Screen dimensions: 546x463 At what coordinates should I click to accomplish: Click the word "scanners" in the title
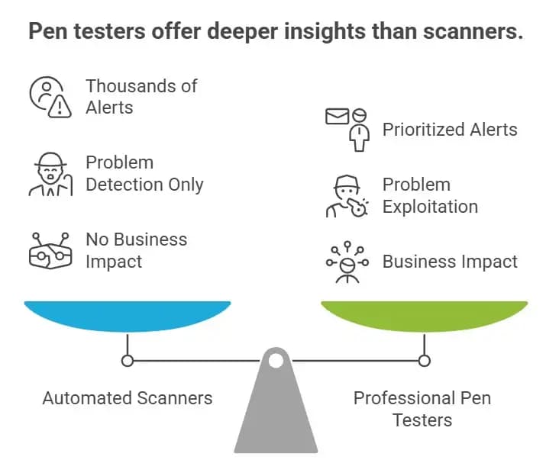coord(473,31)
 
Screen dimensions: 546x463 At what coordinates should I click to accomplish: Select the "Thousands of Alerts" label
coord(141,96)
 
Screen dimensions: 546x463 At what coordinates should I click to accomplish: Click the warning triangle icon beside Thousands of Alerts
coord(60,106)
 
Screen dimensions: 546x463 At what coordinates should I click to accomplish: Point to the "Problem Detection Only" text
coord(144,174)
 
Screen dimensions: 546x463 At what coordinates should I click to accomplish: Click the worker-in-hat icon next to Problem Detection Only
coord(51,174)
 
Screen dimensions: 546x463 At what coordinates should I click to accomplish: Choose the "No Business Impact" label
coord(137,250)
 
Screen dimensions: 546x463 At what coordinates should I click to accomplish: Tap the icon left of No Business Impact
coord(50,250)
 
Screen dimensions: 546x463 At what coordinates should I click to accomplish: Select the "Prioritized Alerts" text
coord(450,130)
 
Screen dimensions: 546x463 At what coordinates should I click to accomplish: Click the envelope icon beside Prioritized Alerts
coord(337,116)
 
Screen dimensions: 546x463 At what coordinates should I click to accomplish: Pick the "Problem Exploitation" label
coord(430,195)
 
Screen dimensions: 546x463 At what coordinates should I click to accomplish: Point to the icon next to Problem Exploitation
coord(347,196)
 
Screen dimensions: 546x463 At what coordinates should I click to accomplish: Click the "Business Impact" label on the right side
coord(450,262)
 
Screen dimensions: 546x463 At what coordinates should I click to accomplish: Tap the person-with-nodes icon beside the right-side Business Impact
coord(347,262)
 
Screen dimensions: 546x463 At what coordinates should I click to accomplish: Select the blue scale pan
coord(128,316)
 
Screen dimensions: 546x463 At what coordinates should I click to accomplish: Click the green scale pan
coord(424,316)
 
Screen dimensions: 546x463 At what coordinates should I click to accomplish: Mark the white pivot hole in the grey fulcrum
coord(276,361)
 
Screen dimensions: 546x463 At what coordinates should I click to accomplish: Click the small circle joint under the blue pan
coord(128,361)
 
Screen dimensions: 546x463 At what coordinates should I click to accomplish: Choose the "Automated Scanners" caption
coord(128,398)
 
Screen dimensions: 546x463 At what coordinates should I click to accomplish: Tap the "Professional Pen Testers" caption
coord(422,409)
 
